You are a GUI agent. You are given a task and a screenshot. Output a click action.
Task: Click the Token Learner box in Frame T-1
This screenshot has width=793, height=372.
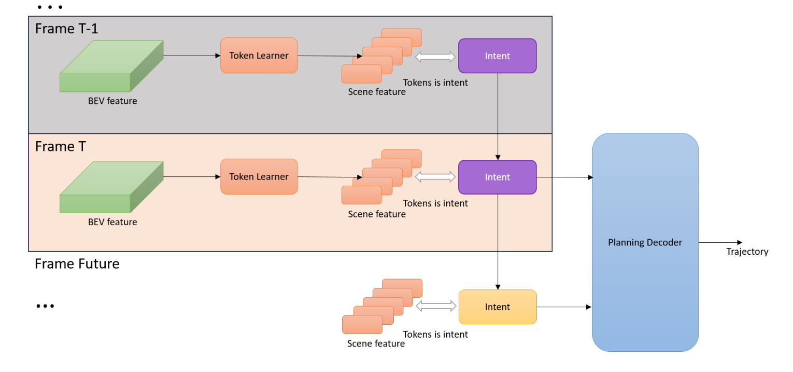tap(259, 56)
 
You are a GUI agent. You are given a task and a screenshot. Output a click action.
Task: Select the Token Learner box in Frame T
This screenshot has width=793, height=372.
tap(259, 176)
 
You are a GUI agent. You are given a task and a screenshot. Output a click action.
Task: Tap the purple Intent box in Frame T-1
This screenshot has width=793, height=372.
tap(497, 56)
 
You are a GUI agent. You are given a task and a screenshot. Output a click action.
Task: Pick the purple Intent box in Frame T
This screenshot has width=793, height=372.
tap(497, 177)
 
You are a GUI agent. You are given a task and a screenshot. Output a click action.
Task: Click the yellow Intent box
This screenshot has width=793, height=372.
tap(497, 307)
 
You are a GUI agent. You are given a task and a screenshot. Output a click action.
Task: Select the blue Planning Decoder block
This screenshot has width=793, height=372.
tap(645, 242)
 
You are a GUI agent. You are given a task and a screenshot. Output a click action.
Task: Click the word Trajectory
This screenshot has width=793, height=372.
tap(747, 252)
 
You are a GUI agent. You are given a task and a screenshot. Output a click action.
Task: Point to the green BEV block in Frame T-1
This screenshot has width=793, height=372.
tap(111, 66)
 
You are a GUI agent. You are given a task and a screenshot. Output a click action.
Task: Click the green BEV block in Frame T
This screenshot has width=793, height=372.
tap(111, 187)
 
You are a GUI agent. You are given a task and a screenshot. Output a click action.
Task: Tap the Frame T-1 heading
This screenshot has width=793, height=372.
tap(66, 29)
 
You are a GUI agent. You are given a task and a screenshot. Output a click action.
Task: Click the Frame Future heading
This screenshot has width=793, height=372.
tap(77, 264)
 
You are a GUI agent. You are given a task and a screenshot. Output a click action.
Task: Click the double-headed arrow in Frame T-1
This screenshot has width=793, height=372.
tap(435, 57)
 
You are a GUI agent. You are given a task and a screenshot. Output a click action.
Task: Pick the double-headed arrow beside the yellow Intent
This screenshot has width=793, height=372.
tap(436, 307)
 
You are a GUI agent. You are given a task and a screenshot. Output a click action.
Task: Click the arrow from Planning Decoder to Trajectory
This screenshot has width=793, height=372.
tap(720, 242)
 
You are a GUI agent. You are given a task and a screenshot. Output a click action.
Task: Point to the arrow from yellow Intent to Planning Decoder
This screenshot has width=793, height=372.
tap(564, 307)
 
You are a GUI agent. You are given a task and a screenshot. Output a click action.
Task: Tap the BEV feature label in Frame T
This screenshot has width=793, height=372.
tap(112, 222)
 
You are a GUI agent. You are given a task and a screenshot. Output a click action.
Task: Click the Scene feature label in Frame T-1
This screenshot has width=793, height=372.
tap(377, 92)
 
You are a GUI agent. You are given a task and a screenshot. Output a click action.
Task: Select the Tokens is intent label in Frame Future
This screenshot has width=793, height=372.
tap(435, 334)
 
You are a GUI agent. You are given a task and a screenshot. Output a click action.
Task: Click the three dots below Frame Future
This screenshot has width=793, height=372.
tap(45, 306)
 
